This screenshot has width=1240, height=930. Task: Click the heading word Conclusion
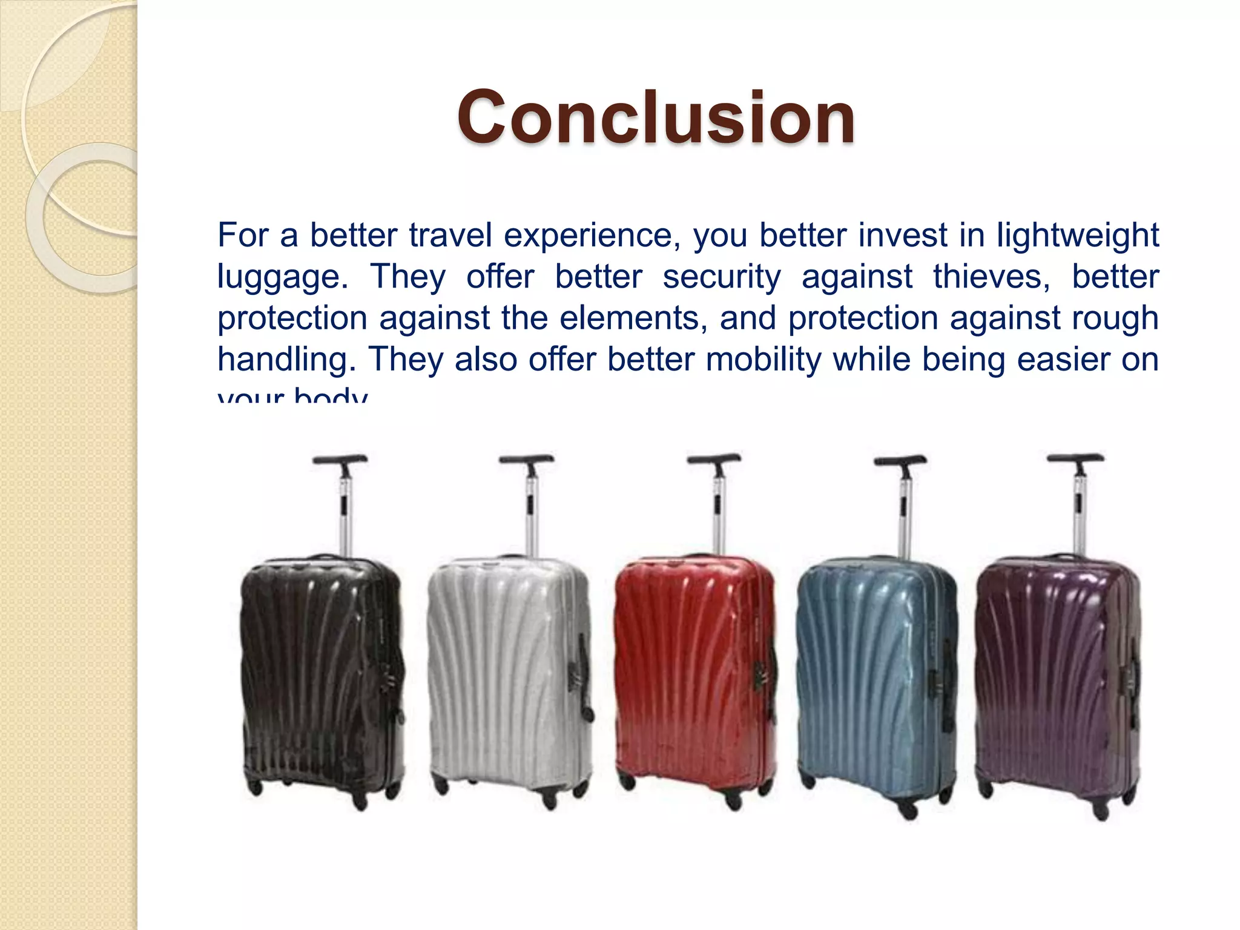(656, 117)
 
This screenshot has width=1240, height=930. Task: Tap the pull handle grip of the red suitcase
(714, 458)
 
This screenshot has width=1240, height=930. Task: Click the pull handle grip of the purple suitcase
(1076, 458)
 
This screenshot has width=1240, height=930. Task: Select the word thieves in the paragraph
(992, 277)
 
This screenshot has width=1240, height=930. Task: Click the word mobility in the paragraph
(764, 359)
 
